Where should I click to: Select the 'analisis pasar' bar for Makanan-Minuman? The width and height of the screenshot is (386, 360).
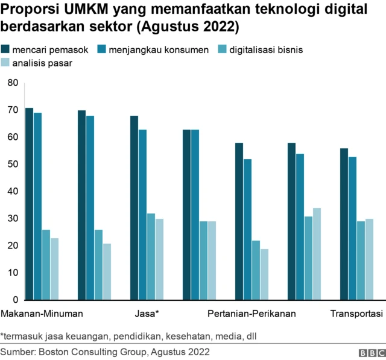pyautogui.click(x=54, y=269)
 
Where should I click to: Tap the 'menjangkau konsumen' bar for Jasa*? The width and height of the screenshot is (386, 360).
pyautogui.click(x=142, y=215)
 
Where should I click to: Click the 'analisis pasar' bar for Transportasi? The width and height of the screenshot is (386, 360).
pyautogui.click(x=369, y=259)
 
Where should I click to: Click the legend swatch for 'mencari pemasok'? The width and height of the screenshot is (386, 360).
pyautogui.click(x=5, y=49)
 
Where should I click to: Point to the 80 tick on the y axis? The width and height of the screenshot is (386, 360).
pyautogui.click(x=12, y=83)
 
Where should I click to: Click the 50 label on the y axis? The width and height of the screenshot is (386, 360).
pyautogui.click(x=12, y=164)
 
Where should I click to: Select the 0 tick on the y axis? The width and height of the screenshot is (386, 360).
pyautogui.click(x=14, y=300)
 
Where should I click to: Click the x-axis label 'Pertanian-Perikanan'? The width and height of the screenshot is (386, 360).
pyautogui.click(x=252, y=314)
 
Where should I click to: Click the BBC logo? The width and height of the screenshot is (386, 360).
pyautogui.click(x=370, y=352)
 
